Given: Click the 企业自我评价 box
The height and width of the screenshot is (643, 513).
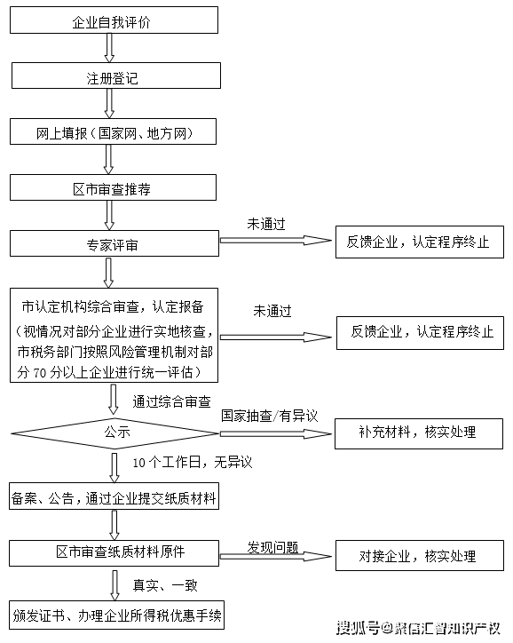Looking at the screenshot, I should coord(113,20).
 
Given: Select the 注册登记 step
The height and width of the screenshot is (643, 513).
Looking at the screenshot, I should coord(113,77).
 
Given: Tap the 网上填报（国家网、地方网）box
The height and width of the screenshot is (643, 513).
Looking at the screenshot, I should coord(113,133).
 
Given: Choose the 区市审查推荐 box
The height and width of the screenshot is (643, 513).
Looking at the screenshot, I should coord(113,187).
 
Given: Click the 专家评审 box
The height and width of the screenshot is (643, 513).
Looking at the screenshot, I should coord(113,242).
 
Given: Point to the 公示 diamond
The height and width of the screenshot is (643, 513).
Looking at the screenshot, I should coord(116,433).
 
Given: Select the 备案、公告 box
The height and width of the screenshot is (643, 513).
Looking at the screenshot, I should coord(113,498).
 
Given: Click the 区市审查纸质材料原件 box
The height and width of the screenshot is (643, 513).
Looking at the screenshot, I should coord(113,552).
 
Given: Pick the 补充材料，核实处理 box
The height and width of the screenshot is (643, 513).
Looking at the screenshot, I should coord(417,433).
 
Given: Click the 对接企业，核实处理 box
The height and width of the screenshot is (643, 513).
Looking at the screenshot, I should coord(417,557).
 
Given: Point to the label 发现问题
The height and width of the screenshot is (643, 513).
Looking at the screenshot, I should coord(272,550).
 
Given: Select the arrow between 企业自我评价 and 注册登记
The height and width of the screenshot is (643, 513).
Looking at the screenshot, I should coord(110,49).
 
